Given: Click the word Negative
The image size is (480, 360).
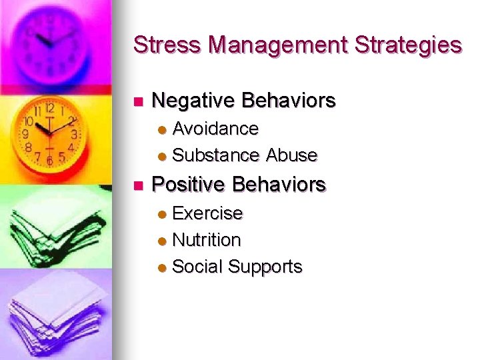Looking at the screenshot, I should [194, 101].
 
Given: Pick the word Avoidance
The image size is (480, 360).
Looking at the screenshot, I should [215, 127].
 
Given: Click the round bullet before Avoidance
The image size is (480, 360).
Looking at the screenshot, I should [162, 129].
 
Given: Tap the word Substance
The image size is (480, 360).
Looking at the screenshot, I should [216, 155].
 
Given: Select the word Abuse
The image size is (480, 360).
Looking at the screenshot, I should [292, 155].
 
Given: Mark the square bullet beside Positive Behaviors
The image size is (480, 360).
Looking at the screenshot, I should [138, 185].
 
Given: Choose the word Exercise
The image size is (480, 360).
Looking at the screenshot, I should [207, 213].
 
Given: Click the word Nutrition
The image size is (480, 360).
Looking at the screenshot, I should [207, 239].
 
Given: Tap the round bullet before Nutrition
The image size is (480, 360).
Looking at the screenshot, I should [162, 241].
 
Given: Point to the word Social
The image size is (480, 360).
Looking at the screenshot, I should [197, 267].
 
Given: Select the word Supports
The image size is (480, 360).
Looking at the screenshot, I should [265, 267].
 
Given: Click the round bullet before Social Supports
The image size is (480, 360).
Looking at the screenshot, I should [162, 268].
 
